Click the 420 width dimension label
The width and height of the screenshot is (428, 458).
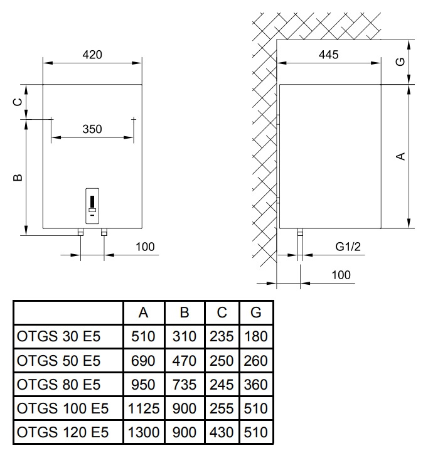pyautogui.click(x=92, y=55)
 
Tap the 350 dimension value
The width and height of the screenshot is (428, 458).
pyautogui.click(x=92, y=129)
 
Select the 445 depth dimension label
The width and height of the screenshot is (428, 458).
pyautogui.click(x=329, y=55)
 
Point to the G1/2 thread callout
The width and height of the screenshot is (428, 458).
pyautogui.click(x=348, y=247)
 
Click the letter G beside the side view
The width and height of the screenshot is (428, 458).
pyautogui.click(x=401, y=61)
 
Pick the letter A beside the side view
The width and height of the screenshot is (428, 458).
pyautogui.click(x=401, y=156)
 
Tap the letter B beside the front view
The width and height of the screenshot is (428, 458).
pyautogui.click(x=18, y=178)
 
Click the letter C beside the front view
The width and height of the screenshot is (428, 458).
pyautogui.click(x=18, y=102)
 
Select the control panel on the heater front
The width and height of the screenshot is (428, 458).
pyautogui.click(x=92, y=206)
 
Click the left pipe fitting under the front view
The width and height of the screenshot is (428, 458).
pyautogui.click(x=80, y=232)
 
